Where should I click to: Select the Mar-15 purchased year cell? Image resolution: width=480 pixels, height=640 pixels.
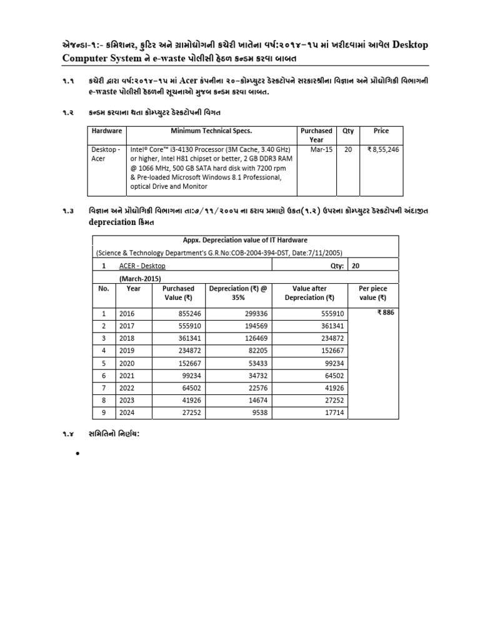point(316,150)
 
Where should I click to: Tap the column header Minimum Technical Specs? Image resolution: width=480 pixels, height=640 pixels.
point(211,131)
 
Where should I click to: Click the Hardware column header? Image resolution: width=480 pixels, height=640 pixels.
point(107,131)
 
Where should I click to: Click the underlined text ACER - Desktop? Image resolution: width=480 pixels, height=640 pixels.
point(142,265)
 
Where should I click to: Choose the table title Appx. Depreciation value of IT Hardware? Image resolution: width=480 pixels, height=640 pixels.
point(245,240)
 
